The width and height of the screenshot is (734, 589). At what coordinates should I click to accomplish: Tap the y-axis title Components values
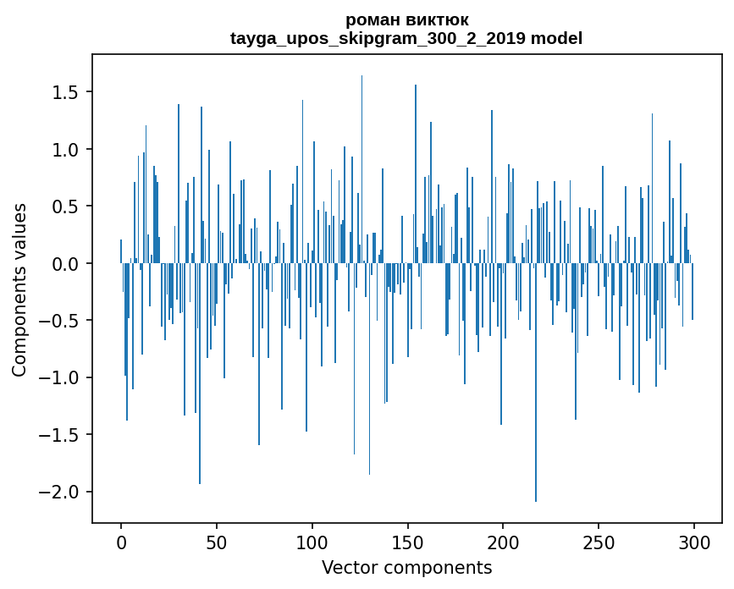pyautogui.click(x=19, y=289)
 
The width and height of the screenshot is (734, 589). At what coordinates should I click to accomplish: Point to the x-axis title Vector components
pyautogui.click(x=406, y=567)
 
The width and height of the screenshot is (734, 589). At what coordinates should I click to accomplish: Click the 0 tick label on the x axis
pyautogui.click(x=121, y=542)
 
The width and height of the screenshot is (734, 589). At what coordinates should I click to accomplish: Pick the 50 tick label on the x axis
pyautogui.click(x=217, y=542)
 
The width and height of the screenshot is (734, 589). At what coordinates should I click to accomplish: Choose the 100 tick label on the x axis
pyautogui.click(x=312, y=542)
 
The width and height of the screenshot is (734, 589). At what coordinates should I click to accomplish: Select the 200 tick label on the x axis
pyautogui.click(x=503, y=542)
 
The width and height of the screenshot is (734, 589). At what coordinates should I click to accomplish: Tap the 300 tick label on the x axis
pyautogui.click(x=694, y=542)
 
